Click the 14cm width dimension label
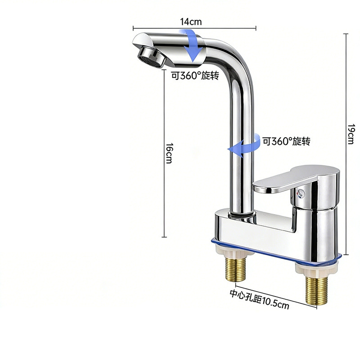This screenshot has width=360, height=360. [191, 22]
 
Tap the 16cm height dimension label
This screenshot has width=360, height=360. [170, 153]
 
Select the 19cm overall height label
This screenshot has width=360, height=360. [351, 134]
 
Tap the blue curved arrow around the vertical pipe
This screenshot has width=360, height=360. [244, 146]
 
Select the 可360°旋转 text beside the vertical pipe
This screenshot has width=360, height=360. [286, 141]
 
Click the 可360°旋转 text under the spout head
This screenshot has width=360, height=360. [195, 75]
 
